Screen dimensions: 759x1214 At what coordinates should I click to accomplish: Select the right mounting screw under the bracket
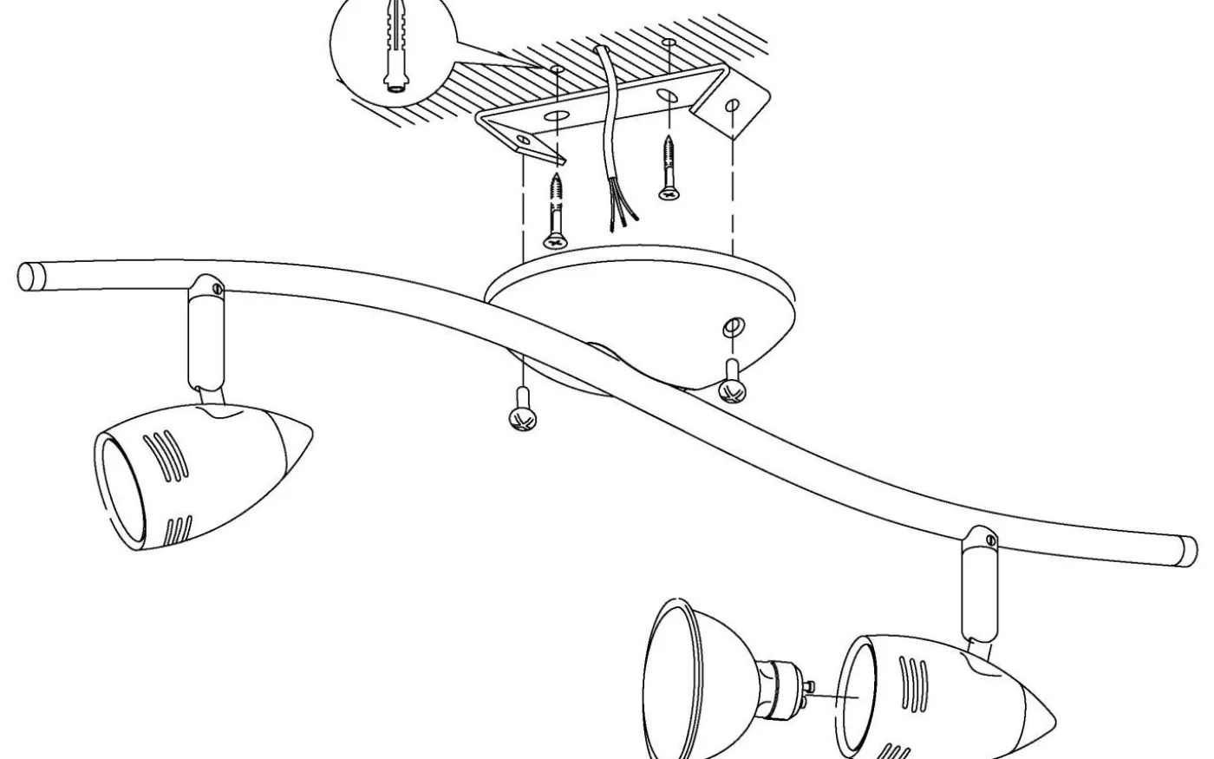(x=668, y=168)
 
